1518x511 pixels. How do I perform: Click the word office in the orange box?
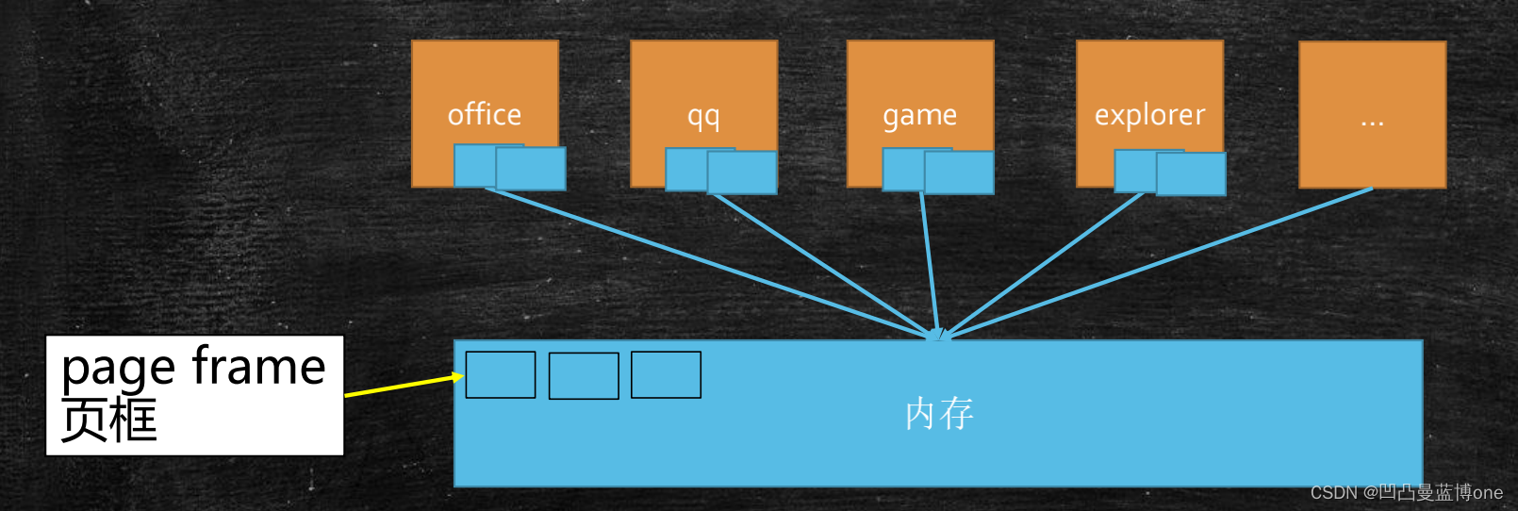click(484, 115)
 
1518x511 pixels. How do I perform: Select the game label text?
click(919, 116)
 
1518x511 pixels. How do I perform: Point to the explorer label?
click(1149, 115)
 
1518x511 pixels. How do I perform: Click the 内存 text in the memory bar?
click(939, 414)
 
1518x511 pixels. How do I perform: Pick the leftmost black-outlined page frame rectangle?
click(501, 375)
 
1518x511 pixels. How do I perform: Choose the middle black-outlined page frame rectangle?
click(584, 376)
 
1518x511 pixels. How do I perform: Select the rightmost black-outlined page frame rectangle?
click(666, 375)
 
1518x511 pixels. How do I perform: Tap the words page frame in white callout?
click(193, 367)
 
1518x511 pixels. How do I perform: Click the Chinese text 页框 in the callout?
click(108, 420)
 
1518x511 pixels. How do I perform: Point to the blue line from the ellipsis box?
click(1160, 261)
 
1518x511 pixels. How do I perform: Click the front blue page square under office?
click(531, 169)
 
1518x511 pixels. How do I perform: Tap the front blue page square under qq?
click(742, 173)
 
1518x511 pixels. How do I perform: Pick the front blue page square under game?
click(959, 173)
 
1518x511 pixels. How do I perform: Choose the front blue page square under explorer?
click(1191, 174)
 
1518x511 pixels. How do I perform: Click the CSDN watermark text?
click(1406, 493)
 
